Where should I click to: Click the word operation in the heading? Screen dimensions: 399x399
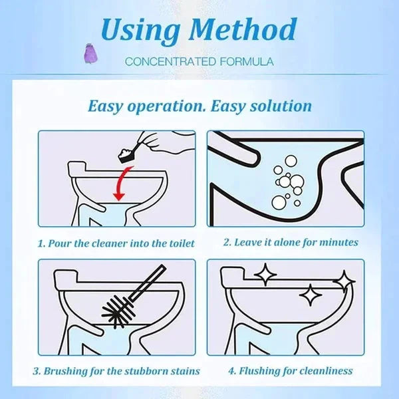166,106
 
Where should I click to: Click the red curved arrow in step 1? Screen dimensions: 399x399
120,184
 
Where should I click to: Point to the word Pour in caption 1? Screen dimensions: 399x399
61,243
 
